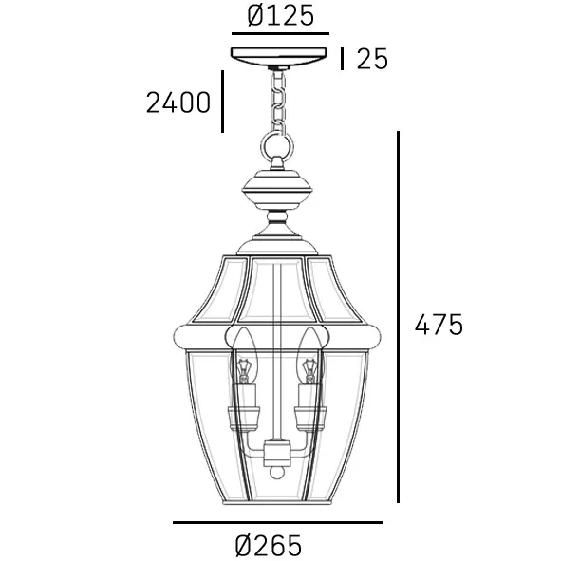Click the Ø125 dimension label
pos(280,16)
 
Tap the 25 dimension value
pos(372,59)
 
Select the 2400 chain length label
pos(178,102)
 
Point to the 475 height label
pos(439,325)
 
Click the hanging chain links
pos(279,100)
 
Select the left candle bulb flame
pos(243,348)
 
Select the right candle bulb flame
pos(308,348)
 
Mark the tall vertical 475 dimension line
pos(399,317)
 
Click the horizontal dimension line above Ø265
pos(277,522)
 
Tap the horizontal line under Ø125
pos(280,33)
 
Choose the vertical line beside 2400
pos(222,100)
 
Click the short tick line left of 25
pos(343,59)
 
